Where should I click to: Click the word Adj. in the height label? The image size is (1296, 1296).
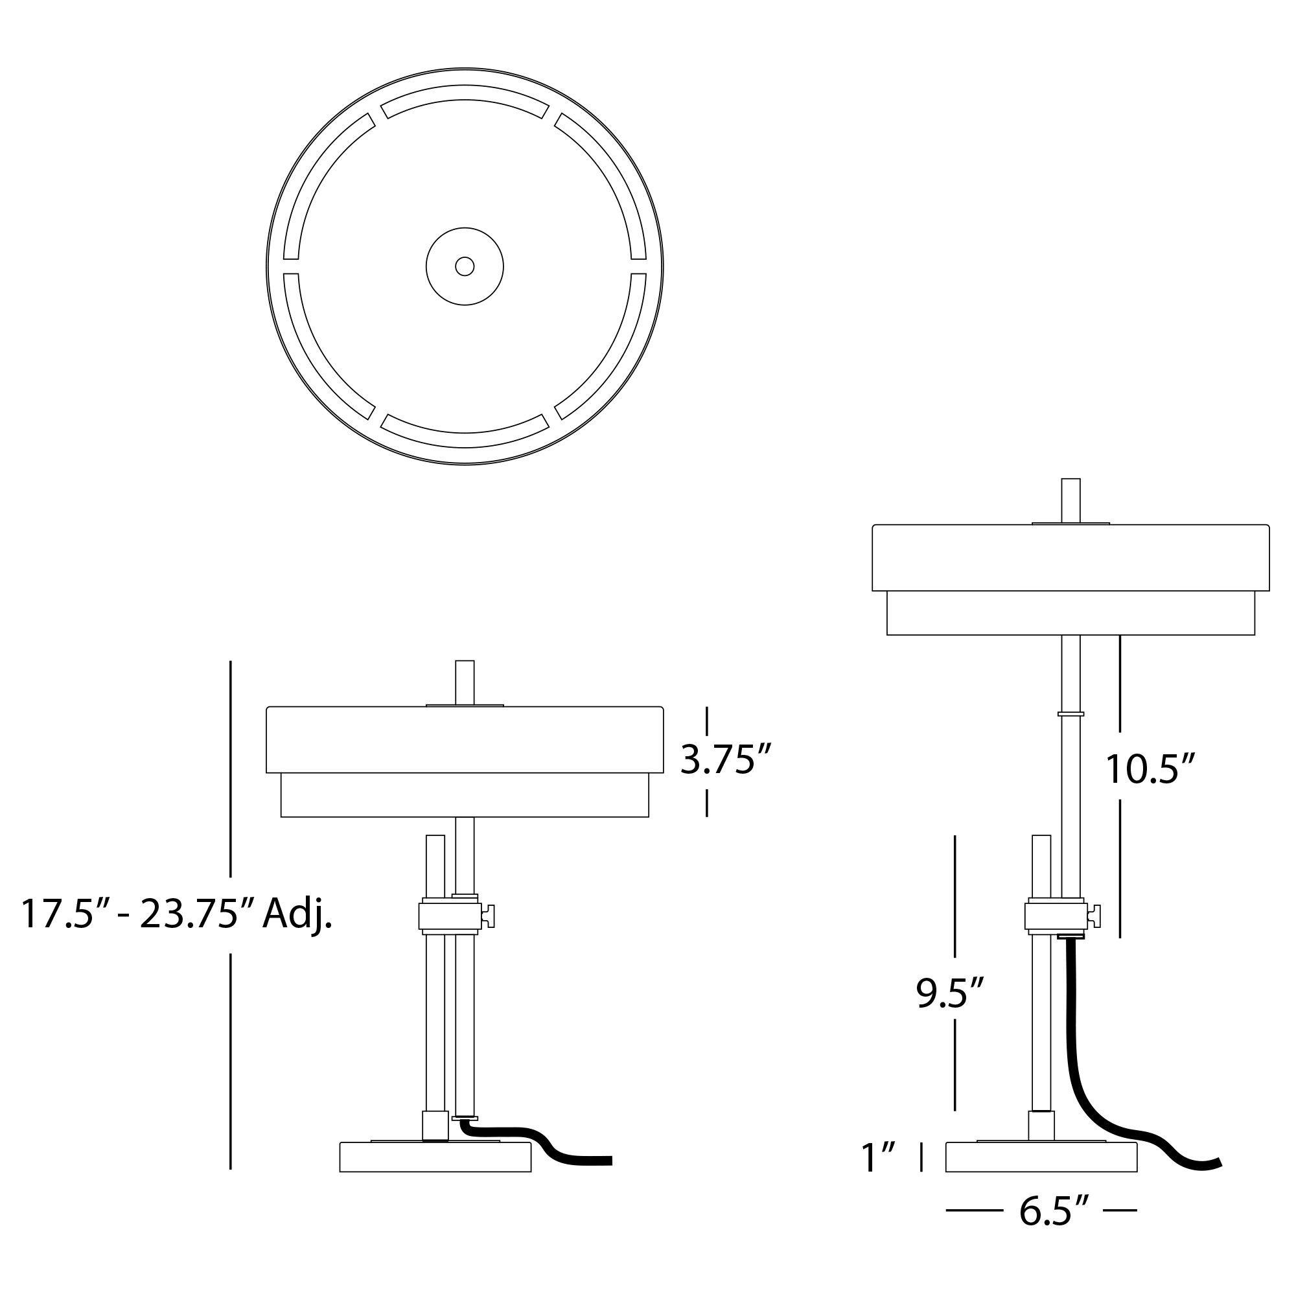tap(297, 914)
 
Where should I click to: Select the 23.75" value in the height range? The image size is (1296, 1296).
tap(189, 914)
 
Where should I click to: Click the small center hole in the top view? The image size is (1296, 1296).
tap(465, 266)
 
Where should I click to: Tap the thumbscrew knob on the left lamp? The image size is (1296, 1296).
tap(489, 916)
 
